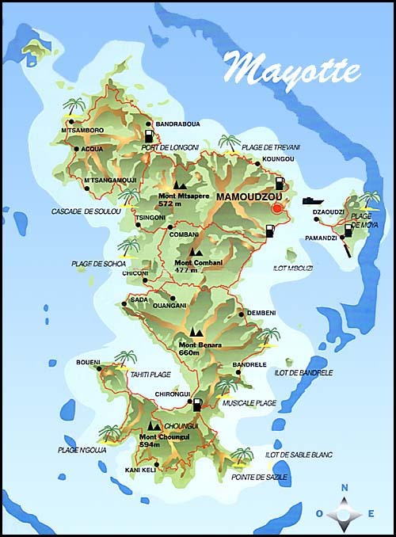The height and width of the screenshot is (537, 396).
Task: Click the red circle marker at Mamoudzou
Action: point(276,208)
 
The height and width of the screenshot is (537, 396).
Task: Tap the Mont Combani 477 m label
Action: point(197,265)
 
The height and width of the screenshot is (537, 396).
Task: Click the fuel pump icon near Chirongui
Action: point(197,405)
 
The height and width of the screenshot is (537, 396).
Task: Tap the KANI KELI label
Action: point(141,470)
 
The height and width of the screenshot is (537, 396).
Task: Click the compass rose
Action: point(344,513)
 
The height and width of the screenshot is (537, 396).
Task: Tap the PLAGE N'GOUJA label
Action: point(81,450)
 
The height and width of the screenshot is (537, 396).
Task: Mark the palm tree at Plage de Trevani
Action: point(230,143)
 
